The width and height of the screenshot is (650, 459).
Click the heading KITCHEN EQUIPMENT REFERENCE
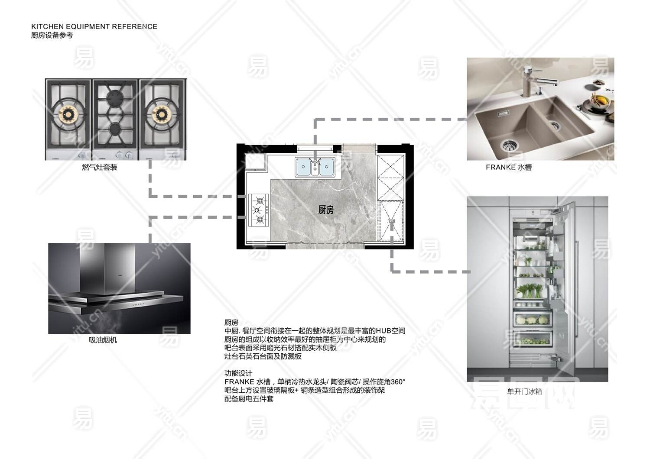point(94,26)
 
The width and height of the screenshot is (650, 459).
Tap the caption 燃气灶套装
point(100,167)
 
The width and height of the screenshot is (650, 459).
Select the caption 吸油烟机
point(103,340)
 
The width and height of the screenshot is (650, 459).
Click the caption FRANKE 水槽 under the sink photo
point(509,167)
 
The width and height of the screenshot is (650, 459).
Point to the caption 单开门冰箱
point(524,391)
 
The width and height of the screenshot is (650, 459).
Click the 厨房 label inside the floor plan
point(326,210)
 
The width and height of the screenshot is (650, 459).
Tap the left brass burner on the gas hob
point(68,114)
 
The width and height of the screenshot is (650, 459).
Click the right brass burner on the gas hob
point(161,114)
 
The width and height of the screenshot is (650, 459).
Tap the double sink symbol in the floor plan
point(315,167)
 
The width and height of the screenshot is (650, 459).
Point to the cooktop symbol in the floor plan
point(259,210)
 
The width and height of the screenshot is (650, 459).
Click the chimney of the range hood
point(107,266)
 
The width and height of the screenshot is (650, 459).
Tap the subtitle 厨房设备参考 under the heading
point(52,36)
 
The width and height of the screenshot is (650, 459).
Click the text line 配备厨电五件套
point(249,399)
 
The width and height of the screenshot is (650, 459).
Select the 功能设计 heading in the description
point(238,373)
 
